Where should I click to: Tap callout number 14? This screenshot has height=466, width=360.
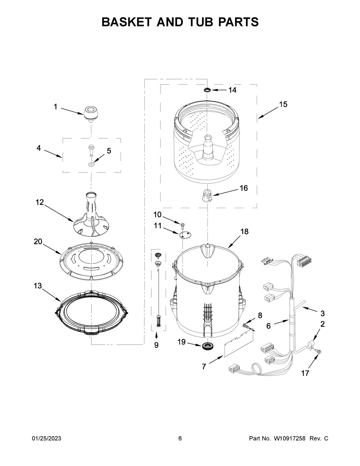(x=232, y=90)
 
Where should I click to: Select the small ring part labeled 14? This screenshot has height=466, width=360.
(x=207, y=90)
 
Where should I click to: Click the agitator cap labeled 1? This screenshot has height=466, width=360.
(x=91, y=114)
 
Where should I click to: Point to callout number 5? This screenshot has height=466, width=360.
(x=109, y=151)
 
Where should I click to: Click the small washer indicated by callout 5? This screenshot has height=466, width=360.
(x=92, y=165)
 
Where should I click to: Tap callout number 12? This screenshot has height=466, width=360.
(x=40, y=202)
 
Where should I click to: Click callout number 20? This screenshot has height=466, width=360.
(x=38, y=242)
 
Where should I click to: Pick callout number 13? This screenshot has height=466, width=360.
(x=38, y=286)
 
